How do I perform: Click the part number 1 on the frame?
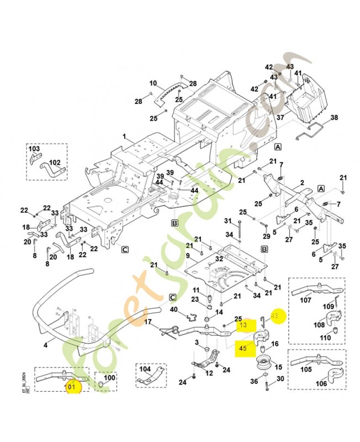click(125, 136)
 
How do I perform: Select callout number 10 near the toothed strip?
click(153, 83)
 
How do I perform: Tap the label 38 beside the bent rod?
click(333, 118)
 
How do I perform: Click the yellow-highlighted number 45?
click(243, 348)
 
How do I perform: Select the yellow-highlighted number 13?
click(243, 326)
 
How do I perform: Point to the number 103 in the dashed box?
click(34, 149)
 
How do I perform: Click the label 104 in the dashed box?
click(144, 369)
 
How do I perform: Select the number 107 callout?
click(305, 302)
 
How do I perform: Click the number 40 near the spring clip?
click(173, 309)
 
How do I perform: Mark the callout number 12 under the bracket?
click(209, 373)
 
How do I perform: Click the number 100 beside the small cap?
click(110, 378)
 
